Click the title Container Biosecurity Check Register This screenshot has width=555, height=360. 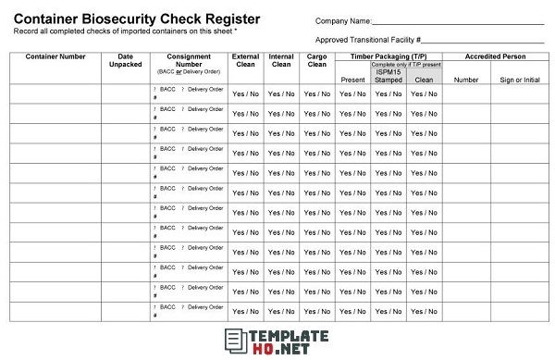[136, 19]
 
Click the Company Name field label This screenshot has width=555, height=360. [343, 20]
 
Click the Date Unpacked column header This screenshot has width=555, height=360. [126, 61]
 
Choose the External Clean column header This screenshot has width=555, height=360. [245, 61]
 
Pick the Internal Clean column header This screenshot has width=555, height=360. [280, 61]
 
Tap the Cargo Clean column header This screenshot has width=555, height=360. [316, 61]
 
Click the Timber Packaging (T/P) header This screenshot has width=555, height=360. [388, 56]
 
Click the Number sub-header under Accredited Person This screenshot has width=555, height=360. [466, 80]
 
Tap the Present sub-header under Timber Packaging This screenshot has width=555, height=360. [352, 80]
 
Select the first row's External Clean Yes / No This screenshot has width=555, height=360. [245, 93]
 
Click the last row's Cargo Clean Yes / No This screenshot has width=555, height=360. [316, 312]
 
